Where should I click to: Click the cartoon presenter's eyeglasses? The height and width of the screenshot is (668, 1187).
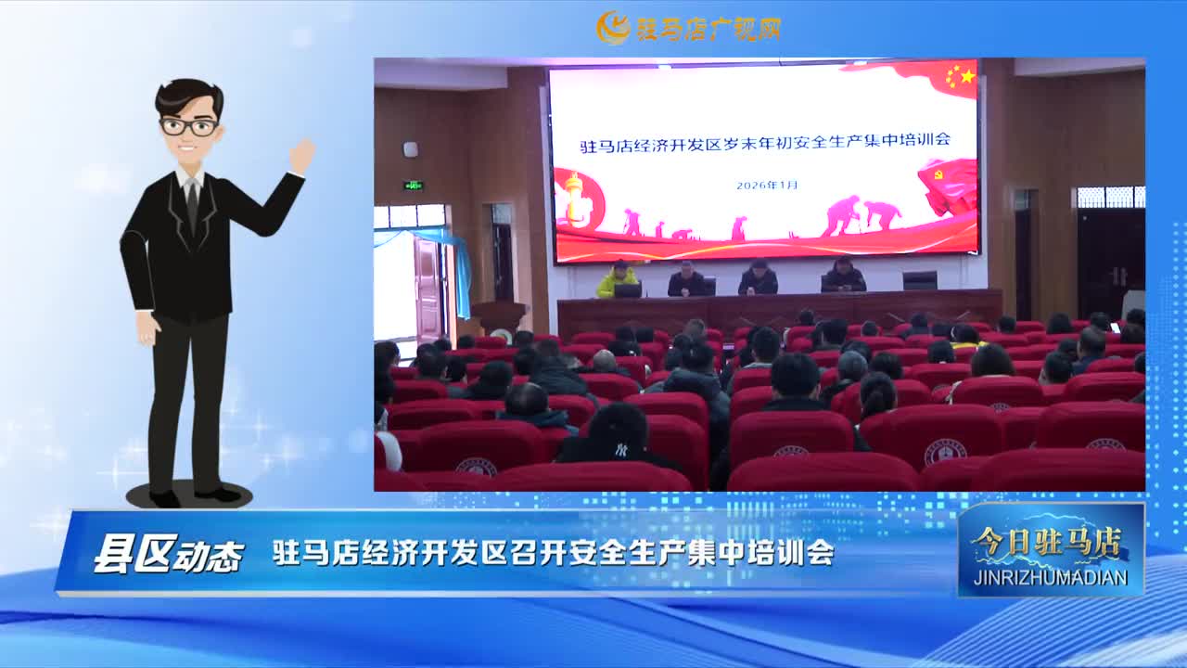(x=189, y=127)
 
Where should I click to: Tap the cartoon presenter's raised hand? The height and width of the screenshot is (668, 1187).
(x=302, y=155)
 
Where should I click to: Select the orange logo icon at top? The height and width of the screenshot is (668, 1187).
(x=613, y=27)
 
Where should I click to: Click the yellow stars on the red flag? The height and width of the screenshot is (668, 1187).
(x=960, y=76)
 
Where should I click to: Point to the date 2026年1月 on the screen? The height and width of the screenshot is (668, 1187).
(x=767, y=185)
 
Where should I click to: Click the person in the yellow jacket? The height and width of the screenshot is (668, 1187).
(x=618, y=279)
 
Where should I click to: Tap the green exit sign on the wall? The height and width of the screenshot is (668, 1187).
(x=413, y=186)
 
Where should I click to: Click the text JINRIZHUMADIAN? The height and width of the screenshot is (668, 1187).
(x=1051, y=577)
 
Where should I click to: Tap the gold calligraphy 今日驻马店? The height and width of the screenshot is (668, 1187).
(x=1047, y=542)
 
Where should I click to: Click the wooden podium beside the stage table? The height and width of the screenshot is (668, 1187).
(x=499, y=317)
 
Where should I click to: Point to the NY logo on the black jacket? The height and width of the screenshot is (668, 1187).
(x=621, y=451)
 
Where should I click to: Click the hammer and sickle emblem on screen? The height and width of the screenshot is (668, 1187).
(x=938, y=173)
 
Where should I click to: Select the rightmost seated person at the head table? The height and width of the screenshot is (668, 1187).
(x=843, y=275)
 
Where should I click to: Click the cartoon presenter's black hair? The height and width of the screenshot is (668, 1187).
(x=190, y=96)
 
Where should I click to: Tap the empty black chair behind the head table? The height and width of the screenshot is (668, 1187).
(x=919, y=280)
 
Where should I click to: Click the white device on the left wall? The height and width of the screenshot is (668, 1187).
(x=410, y=149)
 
